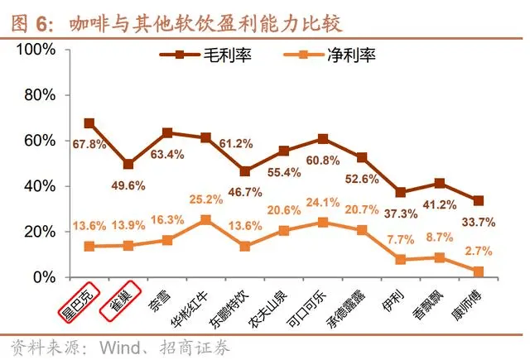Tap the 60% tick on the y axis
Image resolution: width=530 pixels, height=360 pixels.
pyautogui.click(x=40, y=141)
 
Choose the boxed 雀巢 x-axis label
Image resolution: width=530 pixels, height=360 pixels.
pyautogui.click(x=118, y=300)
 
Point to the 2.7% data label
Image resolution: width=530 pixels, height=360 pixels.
pyautogui.click(x=479, y=250)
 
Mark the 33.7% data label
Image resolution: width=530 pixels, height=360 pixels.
pyautogui.click(x=479, y=221)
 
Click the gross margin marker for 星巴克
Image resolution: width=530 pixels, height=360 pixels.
pyautogui.click(x=89, y=123)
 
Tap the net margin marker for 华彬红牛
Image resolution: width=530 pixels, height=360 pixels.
pyautogui.click(x=205, y=220)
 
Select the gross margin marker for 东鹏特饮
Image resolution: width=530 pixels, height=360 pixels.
pyautogui.click(x=245, y=171)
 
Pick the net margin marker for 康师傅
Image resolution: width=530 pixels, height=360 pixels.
pyautogui.click(x=479, y=271)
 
